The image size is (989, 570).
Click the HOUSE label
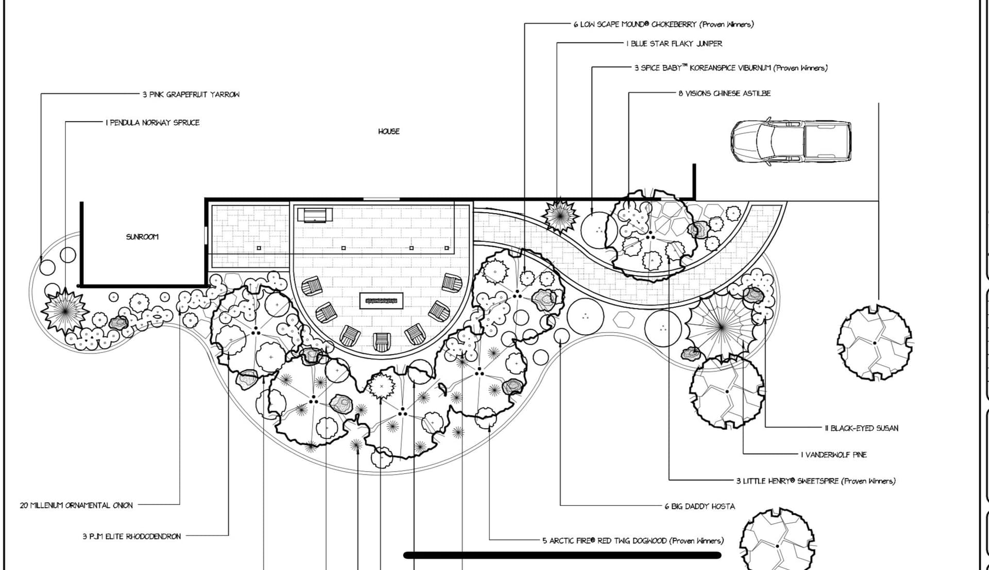tap(388, 131)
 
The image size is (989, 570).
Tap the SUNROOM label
tap(142, 237)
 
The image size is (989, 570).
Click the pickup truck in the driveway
tap(791, 142)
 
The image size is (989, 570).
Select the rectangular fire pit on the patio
tap(381, 300)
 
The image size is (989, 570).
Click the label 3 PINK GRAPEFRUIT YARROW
tap(191, 95)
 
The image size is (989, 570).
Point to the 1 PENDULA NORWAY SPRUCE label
tap(152, 123)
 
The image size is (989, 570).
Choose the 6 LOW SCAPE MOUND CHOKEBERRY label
tap(663, 24)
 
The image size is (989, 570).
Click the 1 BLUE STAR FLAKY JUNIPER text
tap(674, 44)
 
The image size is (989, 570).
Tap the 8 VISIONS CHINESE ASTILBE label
tap(724, 93)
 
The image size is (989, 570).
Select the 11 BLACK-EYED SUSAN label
tap(861, 428)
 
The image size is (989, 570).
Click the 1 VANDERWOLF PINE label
tap(833, 455)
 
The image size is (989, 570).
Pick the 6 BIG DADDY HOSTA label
tap(700, 506)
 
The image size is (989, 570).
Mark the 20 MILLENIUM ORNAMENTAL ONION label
tap(76, 505)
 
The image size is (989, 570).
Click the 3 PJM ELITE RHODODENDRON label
tap(131, 536)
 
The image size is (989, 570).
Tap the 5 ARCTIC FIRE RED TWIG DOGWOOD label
tap(633, 541)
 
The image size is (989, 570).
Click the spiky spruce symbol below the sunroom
tap(65, 309)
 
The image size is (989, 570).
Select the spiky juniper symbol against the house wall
tap(560, 216)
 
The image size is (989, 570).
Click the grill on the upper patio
tap(315, 215)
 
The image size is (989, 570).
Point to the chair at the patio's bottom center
tap(382, 341)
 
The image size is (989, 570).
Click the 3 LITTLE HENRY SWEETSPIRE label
tap(815, 481)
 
